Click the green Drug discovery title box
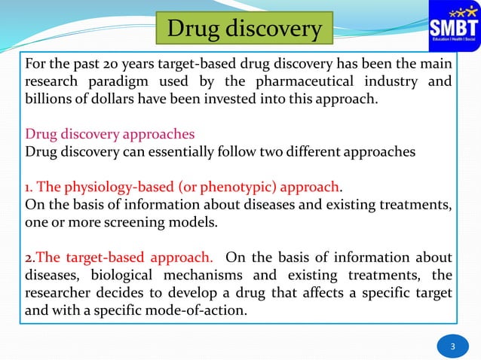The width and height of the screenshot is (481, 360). pos(244,29)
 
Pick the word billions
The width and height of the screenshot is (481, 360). pos(50,100)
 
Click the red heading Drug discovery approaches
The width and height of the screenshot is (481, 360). pos(110,134)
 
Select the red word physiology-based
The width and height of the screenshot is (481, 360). pos(120,187)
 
